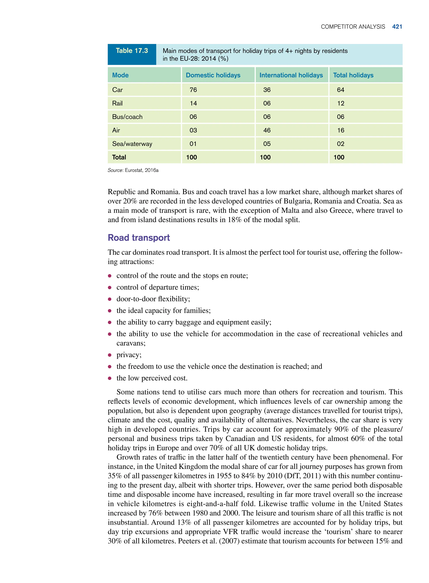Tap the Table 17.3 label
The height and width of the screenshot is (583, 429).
(132, 51)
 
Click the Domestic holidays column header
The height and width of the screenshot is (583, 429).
(213, 75)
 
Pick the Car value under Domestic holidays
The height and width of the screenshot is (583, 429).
(193, 90)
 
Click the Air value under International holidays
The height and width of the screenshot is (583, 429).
(267, 130)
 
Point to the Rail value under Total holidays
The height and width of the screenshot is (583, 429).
(340, 103)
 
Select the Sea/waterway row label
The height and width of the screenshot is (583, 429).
(132, 144)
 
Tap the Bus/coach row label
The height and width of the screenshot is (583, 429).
(127, 117)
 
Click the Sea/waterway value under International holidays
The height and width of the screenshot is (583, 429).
(267, 144)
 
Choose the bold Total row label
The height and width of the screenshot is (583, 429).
(119, 157)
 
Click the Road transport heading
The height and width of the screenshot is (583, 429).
(139, 238)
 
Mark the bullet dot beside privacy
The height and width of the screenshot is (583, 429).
(110, 355)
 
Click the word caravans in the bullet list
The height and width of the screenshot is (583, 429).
(131, 343)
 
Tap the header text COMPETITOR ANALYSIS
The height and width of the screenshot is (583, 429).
(353, 27)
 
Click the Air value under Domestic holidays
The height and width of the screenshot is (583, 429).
(193, 130)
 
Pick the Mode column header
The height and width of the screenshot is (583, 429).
(120, 75)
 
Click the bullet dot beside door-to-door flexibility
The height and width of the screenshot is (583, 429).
(110, 299)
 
